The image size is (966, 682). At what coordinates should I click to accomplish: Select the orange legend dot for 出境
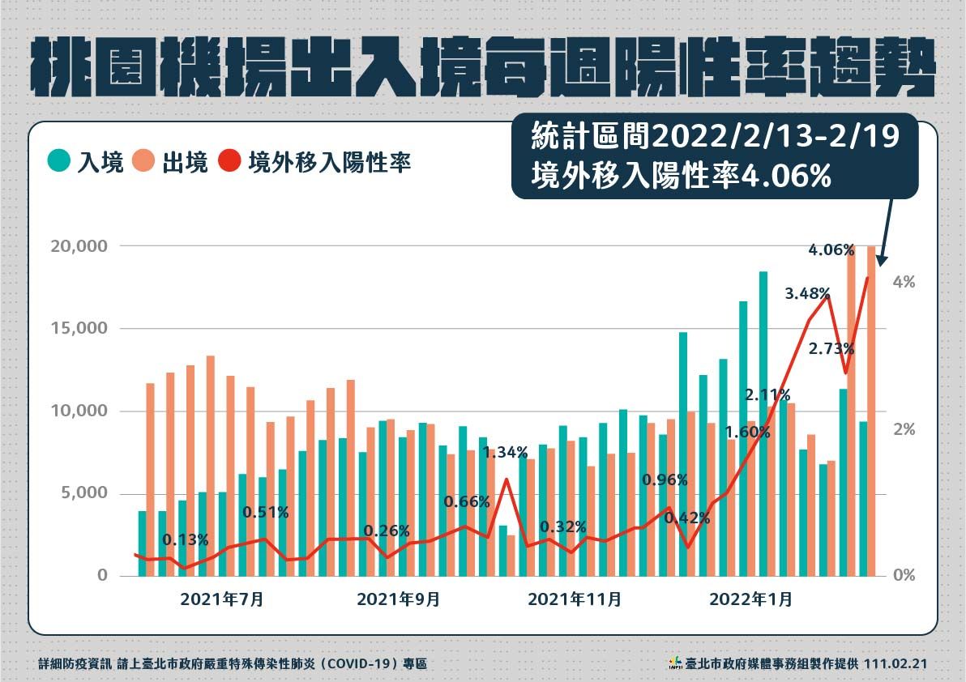pos(145,161)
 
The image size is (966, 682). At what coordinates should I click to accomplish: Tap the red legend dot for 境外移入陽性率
pos(230,161)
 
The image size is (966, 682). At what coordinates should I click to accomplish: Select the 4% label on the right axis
pos(904,283)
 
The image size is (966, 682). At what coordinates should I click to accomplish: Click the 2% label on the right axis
pos(904,429)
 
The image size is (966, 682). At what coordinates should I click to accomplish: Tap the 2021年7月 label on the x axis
pos(221,600)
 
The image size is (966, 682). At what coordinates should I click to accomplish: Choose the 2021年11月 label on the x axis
pos(575,600)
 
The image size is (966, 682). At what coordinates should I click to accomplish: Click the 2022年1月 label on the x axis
pos(751,600)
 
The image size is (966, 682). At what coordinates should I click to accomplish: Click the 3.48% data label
pos(807,293)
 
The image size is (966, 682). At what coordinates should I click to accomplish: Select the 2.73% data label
pos(831,349)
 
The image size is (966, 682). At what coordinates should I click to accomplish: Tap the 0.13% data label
pos(185,539)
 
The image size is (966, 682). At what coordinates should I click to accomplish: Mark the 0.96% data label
pos(665,480)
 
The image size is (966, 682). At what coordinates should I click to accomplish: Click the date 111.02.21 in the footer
pos(895,663)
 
